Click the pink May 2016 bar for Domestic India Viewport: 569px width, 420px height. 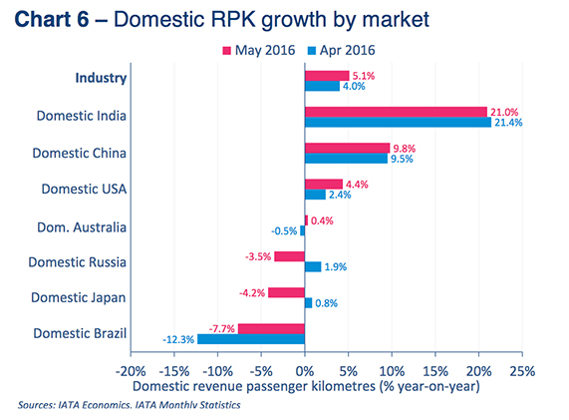click(396, 112)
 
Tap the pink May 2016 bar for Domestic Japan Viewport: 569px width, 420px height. click(286, 292)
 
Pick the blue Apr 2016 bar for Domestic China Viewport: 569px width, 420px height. click(346, 158)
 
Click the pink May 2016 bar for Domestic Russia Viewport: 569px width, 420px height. click(289, 256)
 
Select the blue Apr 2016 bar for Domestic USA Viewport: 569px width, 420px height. click(314, 195)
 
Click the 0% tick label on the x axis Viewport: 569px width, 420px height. click(304, 369)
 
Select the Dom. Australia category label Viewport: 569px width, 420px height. click(82, 226)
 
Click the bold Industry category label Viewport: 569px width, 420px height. click(101, 78)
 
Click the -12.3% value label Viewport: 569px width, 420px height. click(176, 340)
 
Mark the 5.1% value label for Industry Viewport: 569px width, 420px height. click(364, 75)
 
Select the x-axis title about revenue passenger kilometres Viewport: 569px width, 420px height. click(306, 386)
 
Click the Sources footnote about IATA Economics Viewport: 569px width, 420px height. click(129, 405)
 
